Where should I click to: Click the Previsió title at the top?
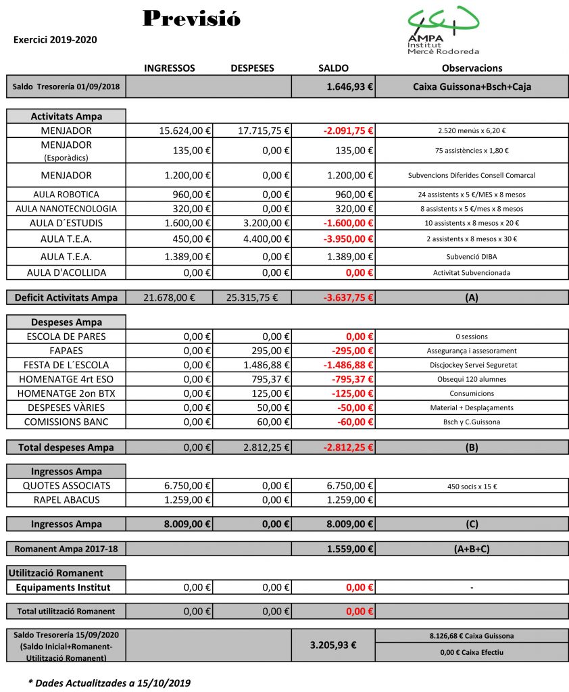[x=192, y=19]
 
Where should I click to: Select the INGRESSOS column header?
[x=170, y=68]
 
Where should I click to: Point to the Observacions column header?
[x=472, y=68]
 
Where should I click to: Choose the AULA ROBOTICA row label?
[x=66, y=195]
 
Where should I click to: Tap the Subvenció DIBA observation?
[x=472, y=257]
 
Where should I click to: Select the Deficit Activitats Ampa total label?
[x=66, y=297]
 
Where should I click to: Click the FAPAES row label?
[x=66, y=351]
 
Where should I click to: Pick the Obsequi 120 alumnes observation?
[x=472, y=379]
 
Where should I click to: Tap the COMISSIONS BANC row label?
[x=66, y=422]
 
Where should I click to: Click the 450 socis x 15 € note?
[x=472, y=486]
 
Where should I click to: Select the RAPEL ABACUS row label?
[x=66, y=500]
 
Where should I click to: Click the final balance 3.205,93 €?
[x=333, y=645]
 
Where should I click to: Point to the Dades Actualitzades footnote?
[x=109, y=683]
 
